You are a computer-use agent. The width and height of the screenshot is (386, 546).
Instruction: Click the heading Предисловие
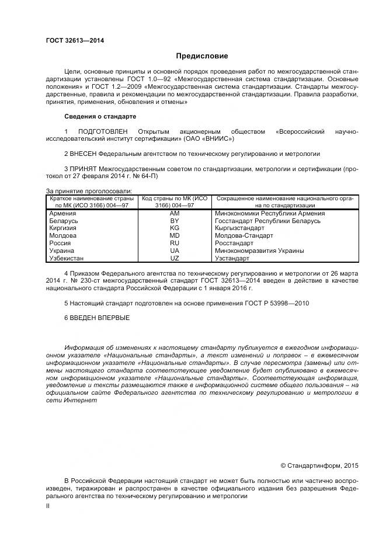(202, 56)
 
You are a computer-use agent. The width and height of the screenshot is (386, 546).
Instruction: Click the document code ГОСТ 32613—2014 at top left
(71, 40)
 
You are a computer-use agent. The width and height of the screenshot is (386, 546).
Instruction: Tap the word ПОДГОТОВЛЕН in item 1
(102, 131)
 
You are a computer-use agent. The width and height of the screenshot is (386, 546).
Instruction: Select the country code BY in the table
(174, 221)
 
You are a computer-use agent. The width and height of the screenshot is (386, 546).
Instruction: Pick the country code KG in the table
(174, 228)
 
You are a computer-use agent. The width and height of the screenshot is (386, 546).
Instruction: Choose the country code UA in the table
(174, 251)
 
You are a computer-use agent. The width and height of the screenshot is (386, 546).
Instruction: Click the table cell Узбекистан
(67, 258)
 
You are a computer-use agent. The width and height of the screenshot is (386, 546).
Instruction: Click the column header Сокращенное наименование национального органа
(285, 202)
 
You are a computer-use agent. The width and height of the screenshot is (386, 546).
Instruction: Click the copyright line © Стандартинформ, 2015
(319, 465)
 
